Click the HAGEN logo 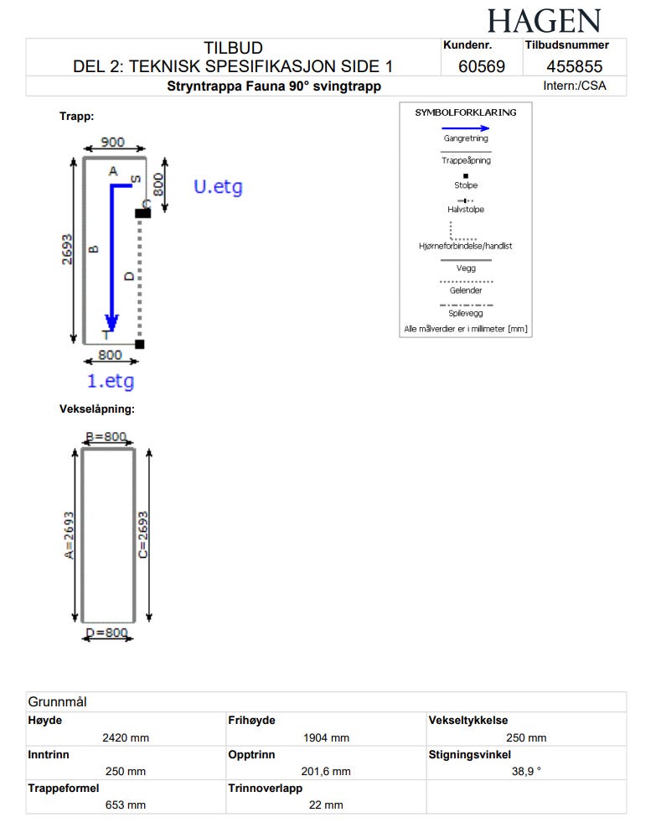pyautogui.click(x=544, y=21)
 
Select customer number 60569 pyautogui.click(x=482, y=66)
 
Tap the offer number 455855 pyautogui.click(x=574, y=66)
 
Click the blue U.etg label pyautogui.click(x=219, y=187)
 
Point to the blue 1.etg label pyautogui.click(x=111, y=381)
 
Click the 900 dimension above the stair pyautogui.click(x=113, y=142)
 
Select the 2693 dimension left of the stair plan pyautogui.click(x=67, y=249)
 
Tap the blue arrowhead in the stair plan pyautogui.click(x=111, y=323)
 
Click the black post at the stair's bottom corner pyautogui.click(x=140, y=344)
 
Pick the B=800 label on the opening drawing pyautogui.click(x=106, y=437)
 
